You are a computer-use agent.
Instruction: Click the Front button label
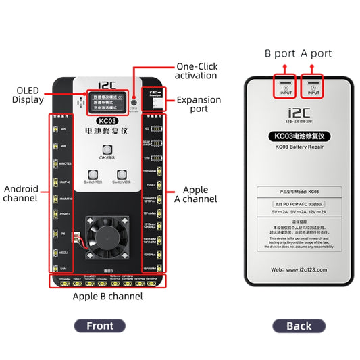100,326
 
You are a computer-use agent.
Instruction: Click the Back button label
299,326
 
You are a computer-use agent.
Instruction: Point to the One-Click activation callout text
197,71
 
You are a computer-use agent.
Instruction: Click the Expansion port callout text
199,104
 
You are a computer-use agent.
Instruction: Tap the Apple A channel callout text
200,195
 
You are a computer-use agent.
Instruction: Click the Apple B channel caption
107,296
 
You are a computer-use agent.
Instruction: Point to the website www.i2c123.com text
299,269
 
